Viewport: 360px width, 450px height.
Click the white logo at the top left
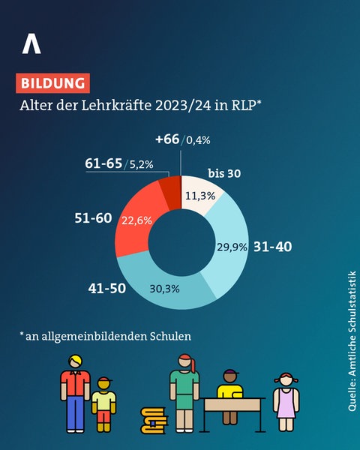click(31, 43)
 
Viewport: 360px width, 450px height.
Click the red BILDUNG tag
click(52, 82)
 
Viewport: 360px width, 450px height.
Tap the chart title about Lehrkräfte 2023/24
click(141, 105)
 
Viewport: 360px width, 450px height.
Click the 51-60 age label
click(92, 218)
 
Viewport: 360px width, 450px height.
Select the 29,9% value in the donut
click(232, 246)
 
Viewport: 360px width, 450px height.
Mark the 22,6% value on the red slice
click(137, 221)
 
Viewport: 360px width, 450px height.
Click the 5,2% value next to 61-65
click(143, 163)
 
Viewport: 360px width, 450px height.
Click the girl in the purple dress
click(286, 401)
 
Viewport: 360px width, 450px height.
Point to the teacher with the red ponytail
click(184, 391)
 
